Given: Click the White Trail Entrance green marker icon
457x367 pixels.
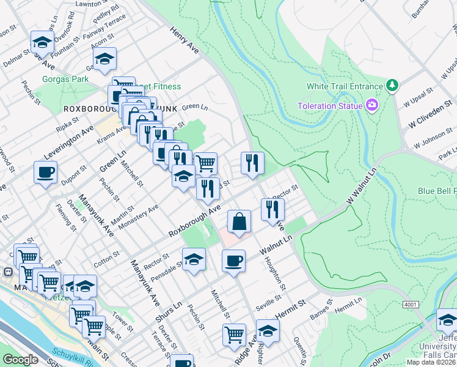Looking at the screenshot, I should point(392,86).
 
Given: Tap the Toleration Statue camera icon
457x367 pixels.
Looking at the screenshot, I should point(371,106).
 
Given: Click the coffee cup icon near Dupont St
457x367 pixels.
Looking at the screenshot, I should point(45,172).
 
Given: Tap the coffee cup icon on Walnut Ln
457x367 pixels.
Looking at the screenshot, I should point(233,261).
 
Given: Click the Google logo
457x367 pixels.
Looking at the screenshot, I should point(21,360).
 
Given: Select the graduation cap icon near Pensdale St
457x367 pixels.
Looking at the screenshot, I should point(194,259).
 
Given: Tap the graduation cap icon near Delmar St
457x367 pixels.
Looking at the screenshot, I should point(42,42).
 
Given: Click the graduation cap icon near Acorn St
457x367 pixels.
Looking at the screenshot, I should point(104,59).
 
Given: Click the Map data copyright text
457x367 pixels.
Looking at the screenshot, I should point(431,362).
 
